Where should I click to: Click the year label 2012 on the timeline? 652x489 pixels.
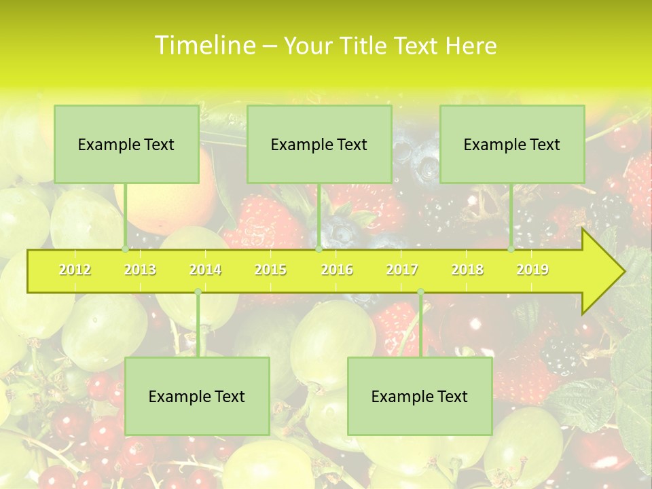(75, 270)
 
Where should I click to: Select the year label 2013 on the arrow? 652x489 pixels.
(140, 270)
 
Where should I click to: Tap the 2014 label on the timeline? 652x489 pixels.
(205, 270)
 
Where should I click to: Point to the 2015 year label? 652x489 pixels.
(270, 270)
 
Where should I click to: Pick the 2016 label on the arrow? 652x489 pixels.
(337, 270)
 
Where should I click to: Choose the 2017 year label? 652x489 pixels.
(402, 270)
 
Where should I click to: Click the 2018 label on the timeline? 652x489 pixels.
(467, 270)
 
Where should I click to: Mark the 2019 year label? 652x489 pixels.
(532, 270)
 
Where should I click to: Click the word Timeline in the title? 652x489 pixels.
(203, 46)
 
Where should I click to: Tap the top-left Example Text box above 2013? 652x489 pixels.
(126, 144)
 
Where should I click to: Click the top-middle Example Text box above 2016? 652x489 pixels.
(319, 144)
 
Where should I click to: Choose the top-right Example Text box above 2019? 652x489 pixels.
(512, 144)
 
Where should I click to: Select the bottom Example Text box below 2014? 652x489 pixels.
(197, 396)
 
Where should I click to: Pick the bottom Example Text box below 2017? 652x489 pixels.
(420, 396)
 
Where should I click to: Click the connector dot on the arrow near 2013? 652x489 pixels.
(126, 249)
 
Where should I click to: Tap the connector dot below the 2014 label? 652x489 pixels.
(198, 292)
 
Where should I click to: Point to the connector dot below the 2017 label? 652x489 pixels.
(420, 292)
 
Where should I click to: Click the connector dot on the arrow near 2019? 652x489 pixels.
(511, 249)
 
